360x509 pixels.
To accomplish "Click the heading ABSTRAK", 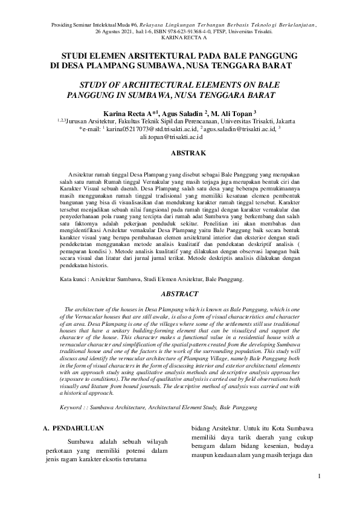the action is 181,154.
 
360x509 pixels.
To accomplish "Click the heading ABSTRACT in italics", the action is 180,294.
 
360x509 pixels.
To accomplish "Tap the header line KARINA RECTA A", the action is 181,36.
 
